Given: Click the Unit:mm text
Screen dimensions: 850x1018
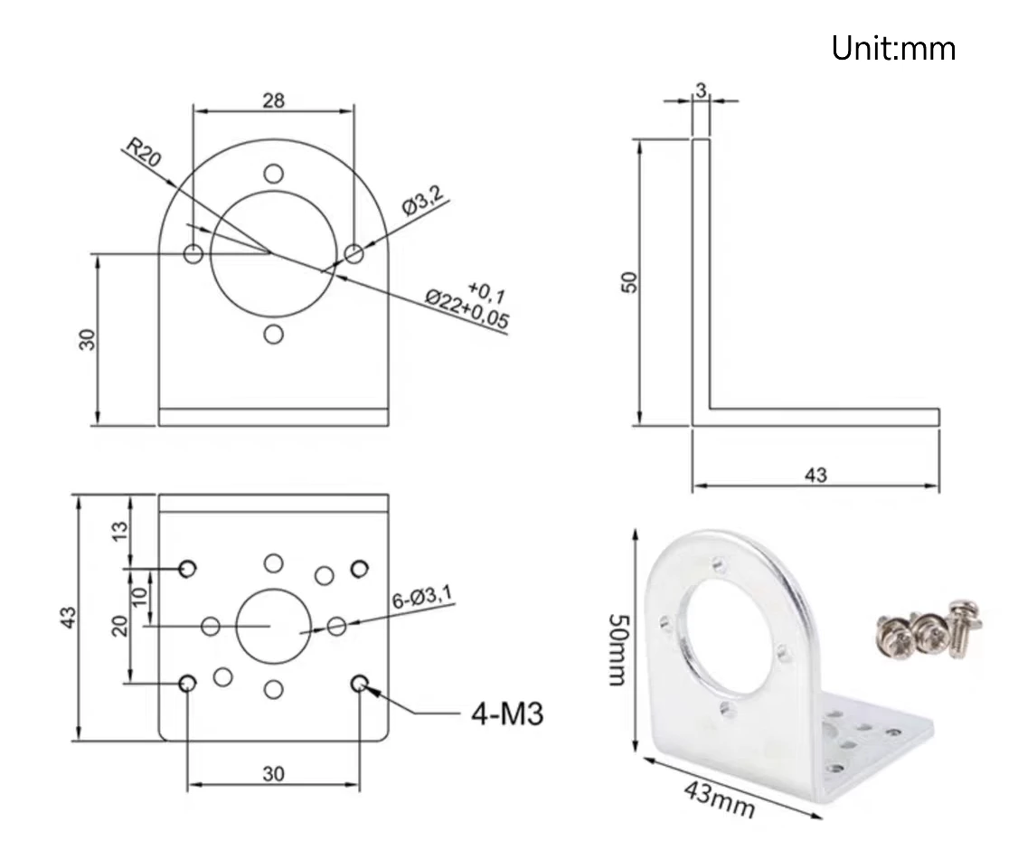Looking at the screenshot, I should pos(892,48).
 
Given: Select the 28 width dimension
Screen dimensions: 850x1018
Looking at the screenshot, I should pos(273,99).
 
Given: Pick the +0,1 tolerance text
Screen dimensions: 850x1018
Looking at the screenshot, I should pos(487,289).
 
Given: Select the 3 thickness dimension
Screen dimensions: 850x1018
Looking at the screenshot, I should pos(701,89).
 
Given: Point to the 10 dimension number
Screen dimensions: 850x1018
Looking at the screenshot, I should pos(138,596).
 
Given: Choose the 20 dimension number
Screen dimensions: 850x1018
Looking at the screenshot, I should pos(119,625).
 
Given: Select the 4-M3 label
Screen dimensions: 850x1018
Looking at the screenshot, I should pos(507,714).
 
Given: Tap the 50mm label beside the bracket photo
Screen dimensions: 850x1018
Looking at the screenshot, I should pos(617,647).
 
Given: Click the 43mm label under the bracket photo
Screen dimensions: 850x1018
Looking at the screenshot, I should pos(718,798).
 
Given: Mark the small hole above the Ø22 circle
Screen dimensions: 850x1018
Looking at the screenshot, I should pos(273,173).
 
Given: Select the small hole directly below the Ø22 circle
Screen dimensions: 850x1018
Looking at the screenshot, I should pos(273,335).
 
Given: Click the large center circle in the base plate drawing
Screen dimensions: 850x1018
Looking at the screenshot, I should pos(272,625).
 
